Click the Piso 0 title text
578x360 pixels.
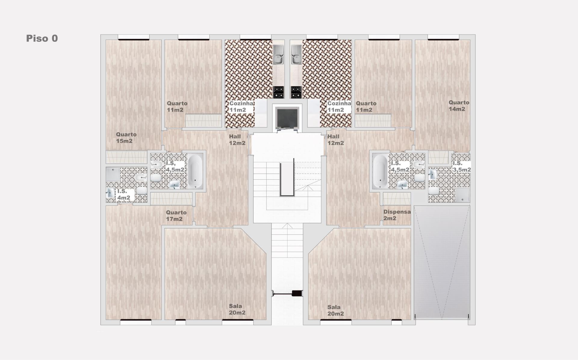coord(42,38)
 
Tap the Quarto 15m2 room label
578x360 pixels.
coord(126,138)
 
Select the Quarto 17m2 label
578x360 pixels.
coord(176,216)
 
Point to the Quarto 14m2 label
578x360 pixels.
coord(459,106)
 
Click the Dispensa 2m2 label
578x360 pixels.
coord(397,215)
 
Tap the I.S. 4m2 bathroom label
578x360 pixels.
coord(124,194)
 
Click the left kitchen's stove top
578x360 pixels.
coord(278,92)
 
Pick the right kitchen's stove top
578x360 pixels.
coord(296,92)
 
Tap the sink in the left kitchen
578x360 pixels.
coord(278,55)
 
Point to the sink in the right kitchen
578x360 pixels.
coord(296,55)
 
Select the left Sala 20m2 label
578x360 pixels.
coord(237,309)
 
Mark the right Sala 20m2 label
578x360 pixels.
coord(336,310)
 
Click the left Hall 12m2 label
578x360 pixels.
coord(237,140)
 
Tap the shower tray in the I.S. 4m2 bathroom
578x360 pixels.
coord(113,174)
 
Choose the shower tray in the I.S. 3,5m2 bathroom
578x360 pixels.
coord(462,195)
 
